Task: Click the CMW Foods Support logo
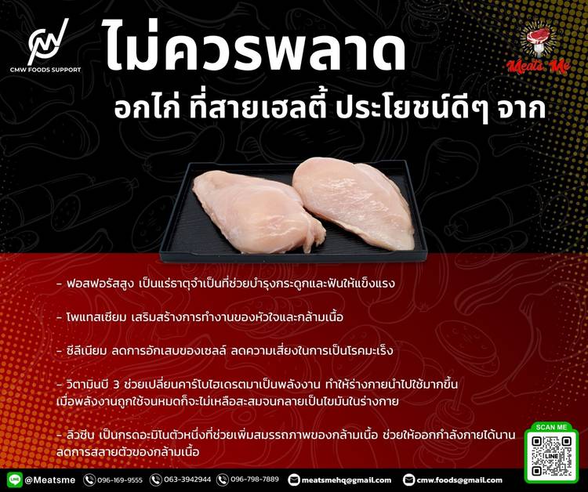pos(45,45)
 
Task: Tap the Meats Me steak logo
pos(539,48)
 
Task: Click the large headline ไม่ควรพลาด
pos(253,47)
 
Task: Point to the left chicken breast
pos(258,211)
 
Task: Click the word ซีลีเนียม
pos(86,351)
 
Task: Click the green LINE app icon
pos(14,480)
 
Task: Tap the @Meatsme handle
pos(50,480)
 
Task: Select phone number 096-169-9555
pos(120,480)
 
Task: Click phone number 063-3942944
pos(187,479)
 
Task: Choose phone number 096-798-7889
pos(255,479)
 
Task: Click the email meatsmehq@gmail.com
pos(346,480)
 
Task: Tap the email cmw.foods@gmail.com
pos(459,480)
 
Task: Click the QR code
pos(551,456)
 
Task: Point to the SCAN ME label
pos(551,427)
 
